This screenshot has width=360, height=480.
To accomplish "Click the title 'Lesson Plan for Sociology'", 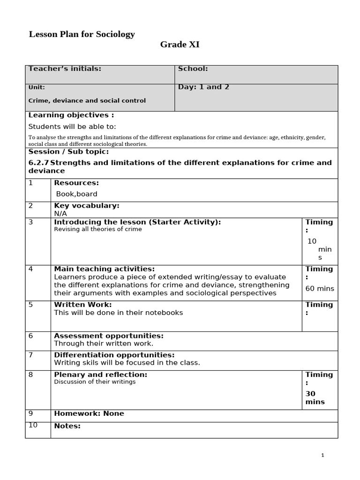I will [x=82, y=34].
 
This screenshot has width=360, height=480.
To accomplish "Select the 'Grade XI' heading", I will [x=180, y=45].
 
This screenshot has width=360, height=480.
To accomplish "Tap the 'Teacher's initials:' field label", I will [x=65, y=69].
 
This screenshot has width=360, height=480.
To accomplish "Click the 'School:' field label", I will [x=193, y=69].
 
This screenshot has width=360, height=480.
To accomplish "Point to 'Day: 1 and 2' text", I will [x=203, y=87].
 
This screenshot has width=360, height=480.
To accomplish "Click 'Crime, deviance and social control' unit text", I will [x=87, y=101].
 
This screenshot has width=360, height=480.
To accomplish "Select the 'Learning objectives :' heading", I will [x=71, y=115].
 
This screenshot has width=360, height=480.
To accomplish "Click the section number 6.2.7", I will [x=38, y=163].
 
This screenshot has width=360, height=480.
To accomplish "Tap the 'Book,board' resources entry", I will [x=76, y=194].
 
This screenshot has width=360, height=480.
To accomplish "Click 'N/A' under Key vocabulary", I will [x=60, y=213].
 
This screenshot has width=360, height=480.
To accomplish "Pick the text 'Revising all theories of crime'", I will [x=98, y=229].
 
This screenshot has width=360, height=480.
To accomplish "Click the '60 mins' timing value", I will [x=320, y=289].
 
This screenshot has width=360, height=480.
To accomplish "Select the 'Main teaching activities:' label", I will [x=104, y=269].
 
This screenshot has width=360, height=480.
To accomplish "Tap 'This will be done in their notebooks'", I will [x=118, y=313].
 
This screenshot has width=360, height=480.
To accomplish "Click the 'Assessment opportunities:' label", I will [x=109, y=336].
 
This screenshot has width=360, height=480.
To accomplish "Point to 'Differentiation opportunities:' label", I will [x=114, y=355].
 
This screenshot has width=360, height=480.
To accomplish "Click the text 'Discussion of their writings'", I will [x=95, y=382].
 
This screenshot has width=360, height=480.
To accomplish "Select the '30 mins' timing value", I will [x=315, y=398].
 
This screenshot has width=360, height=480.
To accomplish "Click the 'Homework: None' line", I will [x=89, y=413].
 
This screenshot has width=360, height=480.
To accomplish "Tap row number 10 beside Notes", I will [x=33, y=425].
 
